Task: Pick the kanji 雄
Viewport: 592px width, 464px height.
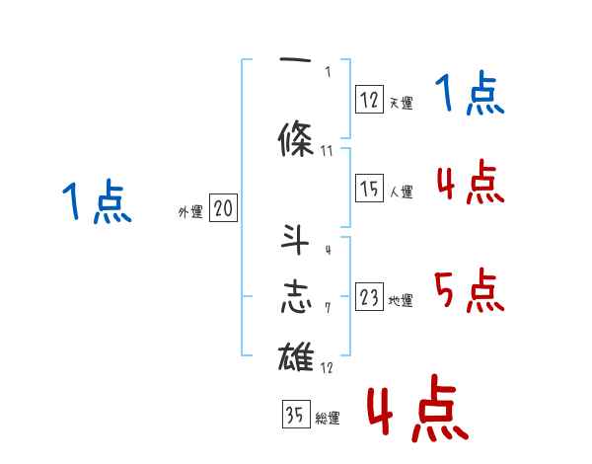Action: pos(296,355)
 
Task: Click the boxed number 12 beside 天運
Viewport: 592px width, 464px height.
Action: pos(369,99)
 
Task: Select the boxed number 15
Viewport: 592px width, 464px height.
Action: pos(369,189)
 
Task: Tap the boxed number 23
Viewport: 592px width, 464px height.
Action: pos(369,298)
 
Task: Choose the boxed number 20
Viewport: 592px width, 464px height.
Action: pos(223,209)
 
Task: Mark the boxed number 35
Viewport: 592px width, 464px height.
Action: pos(295,416)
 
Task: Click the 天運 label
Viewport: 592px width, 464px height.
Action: pos(402,103)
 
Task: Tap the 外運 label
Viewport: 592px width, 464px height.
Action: pos(189,212)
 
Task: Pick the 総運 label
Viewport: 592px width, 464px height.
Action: pos(328,419)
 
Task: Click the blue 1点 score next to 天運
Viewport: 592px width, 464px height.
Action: pos(470,96)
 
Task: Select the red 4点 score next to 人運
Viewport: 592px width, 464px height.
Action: pos(470,183)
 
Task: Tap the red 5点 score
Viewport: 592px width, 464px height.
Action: pos(470,291)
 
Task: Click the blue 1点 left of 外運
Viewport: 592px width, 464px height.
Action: pos(97,202)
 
